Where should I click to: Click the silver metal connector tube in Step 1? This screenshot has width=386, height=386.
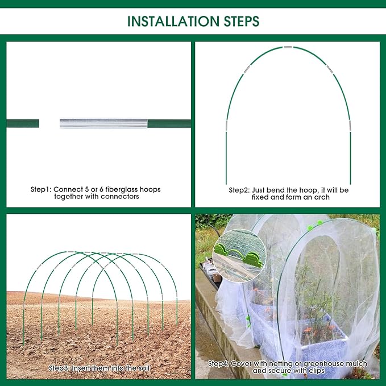104,123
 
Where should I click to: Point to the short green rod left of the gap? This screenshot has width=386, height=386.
23,123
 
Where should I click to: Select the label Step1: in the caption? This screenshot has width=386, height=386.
42,189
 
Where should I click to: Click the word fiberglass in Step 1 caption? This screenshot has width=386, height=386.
127,189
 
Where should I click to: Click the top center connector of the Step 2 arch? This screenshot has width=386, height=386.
289,47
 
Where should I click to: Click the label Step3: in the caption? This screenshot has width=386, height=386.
60,368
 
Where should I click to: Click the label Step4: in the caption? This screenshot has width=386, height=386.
219,363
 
